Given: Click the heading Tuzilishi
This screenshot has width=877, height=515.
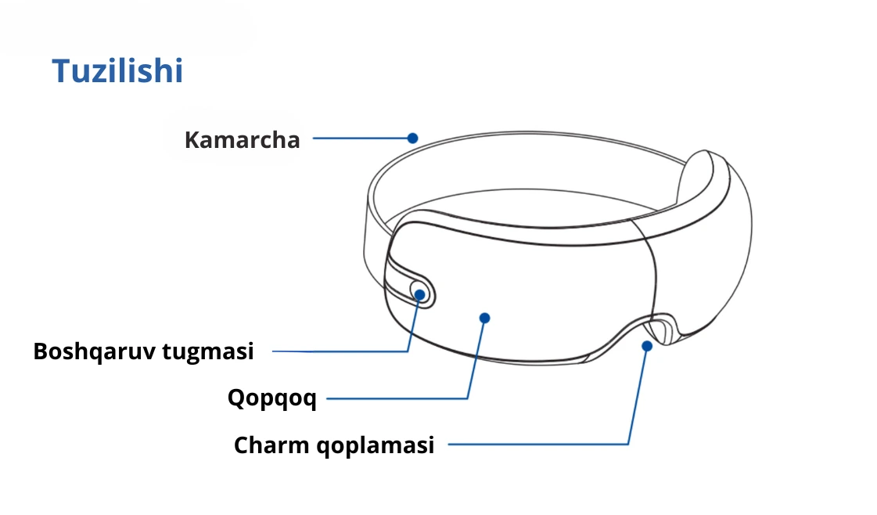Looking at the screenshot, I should tap(117, 71).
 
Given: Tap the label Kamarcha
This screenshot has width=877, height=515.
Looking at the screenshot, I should tap(242, 140).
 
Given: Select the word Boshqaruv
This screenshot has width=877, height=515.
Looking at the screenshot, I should tap(94, 351).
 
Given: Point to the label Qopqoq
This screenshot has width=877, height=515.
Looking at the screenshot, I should tap(271, 398).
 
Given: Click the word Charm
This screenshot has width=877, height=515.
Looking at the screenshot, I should tap(271, 445).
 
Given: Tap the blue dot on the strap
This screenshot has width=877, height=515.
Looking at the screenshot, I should tap(412, 138).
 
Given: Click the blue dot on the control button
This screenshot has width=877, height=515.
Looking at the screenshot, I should tap(420, 294).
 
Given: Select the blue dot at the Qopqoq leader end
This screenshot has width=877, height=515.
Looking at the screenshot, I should tap(484, 318).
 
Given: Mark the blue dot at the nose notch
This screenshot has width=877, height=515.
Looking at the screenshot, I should tap(647, 345).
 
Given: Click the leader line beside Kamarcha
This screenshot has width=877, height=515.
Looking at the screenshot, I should tap(360, 139).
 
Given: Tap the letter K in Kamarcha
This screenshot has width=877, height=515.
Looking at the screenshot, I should tap(192, 140).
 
